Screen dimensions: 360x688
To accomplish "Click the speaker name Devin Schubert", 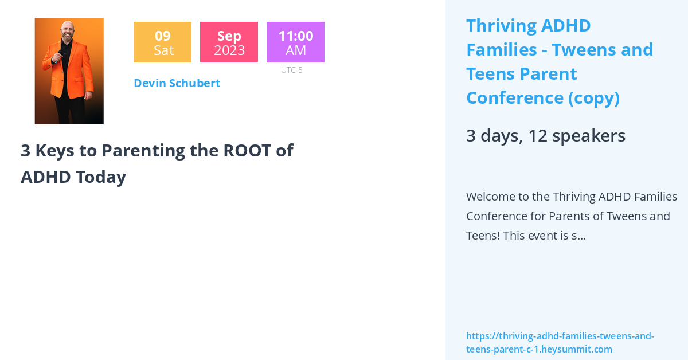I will (177, 83).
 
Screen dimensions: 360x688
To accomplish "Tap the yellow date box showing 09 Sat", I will (162, 42).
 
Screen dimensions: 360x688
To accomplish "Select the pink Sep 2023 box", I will (229, 42).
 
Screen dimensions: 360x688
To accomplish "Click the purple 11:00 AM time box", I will (295, 42).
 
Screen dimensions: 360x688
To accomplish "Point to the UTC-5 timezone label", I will (291, 70).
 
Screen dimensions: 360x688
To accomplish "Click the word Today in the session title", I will (100, 177).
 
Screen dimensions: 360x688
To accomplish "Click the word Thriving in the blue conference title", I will (502, 26).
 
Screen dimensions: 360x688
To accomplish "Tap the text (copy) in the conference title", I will (594, 98).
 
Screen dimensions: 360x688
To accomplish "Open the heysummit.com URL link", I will (560, 343).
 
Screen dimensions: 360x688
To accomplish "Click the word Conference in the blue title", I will (514, 98).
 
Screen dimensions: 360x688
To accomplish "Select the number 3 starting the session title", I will (25, 150).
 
